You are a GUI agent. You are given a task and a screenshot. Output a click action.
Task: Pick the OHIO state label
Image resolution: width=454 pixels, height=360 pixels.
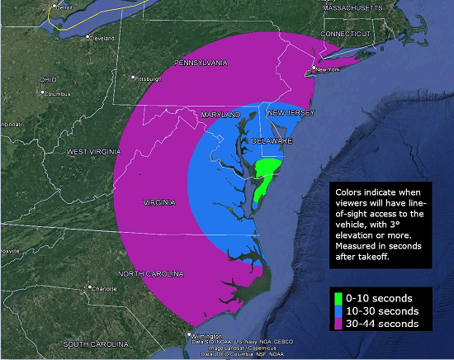click(48, 79)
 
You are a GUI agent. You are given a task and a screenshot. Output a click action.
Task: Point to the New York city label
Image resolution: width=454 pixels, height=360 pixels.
click(328, 69)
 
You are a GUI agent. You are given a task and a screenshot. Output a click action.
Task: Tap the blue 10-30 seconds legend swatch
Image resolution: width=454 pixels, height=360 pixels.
click(339, 310)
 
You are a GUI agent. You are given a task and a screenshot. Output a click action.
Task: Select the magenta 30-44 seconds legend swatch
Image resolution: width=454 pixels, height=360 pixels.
click(339, 324)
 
